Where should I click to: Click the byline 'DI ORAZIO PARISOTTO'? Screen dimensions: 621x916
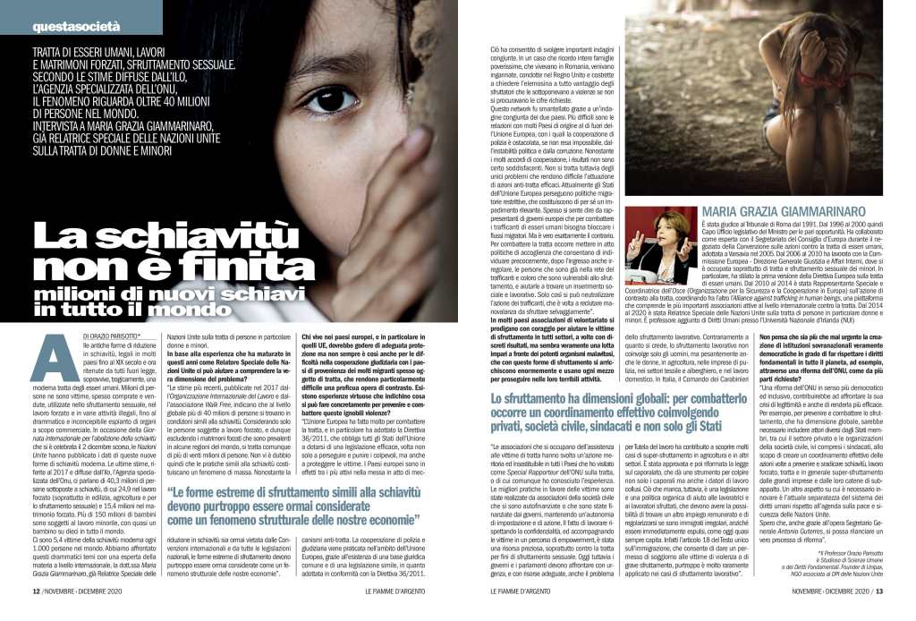pyautogui.click(x=98, y=338)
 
